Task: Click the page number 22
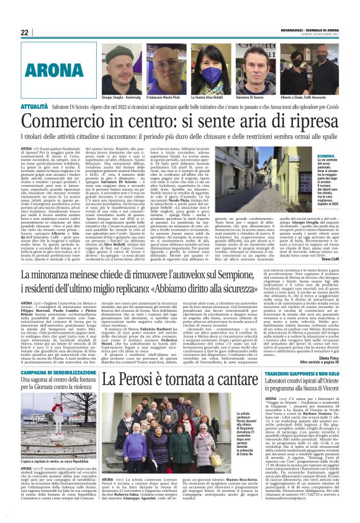[x=25, y=32]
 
